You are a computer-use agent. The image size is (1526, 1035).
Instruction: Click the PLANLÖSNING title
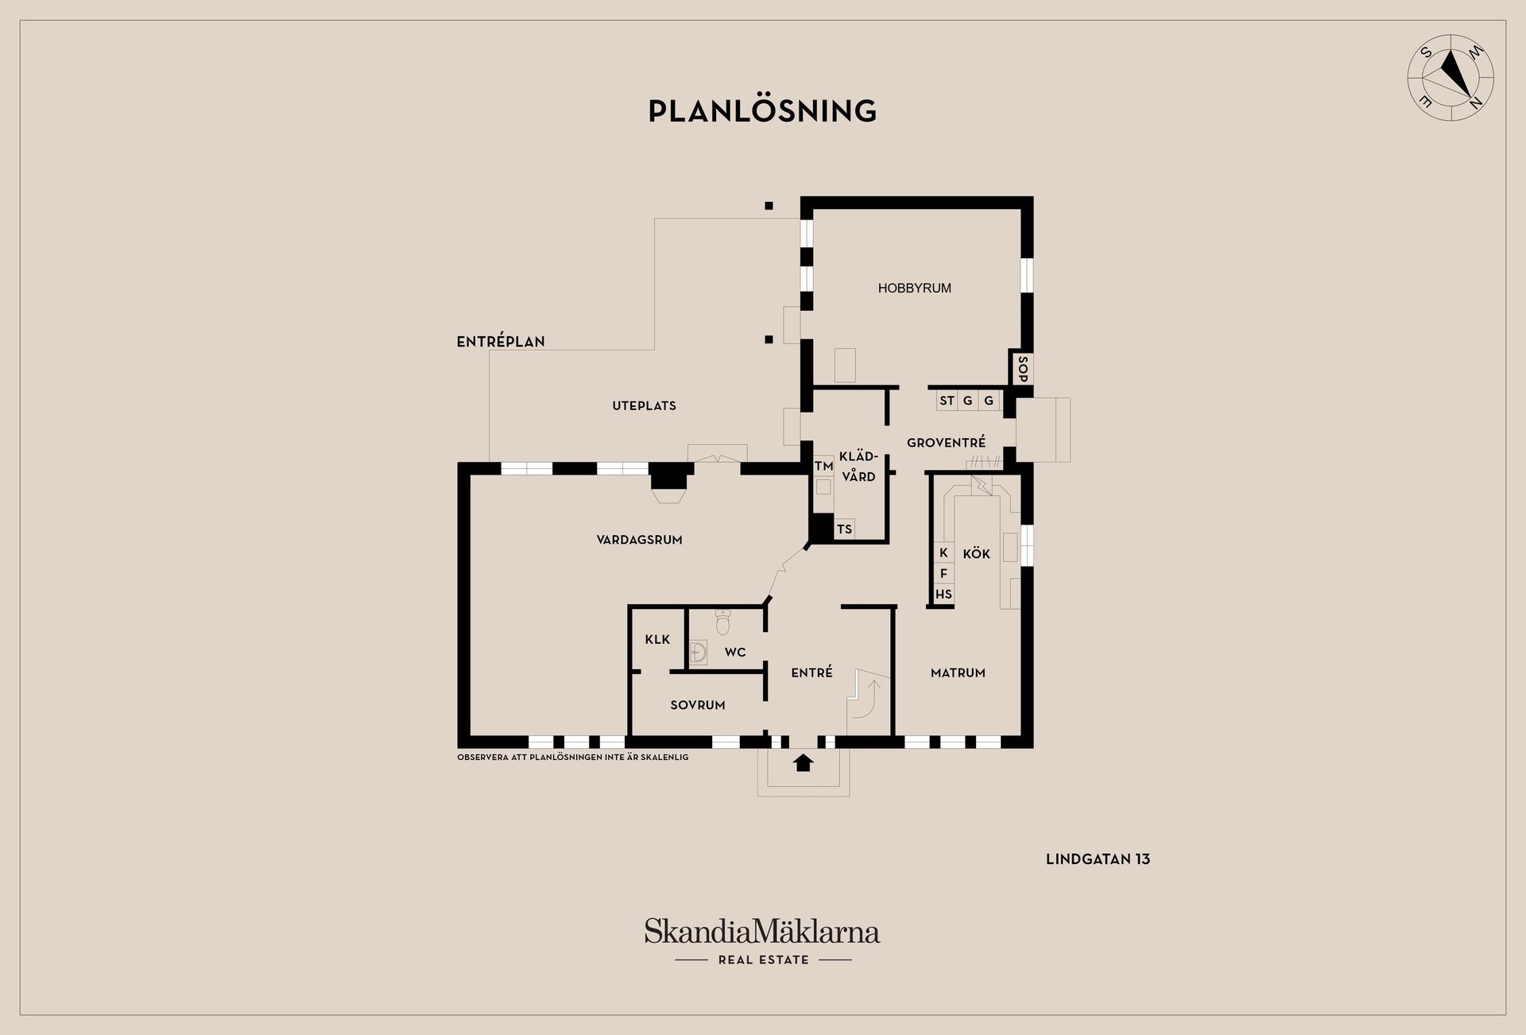pyautogui.click(x=762, y=110)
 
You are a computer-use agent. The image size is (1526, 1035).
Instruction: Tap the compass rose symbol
pyautogui.click(x=1450, y=78)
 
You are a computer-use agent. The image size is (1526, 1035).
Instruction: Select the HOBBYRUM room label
pyautogui.click(x=914, y=289)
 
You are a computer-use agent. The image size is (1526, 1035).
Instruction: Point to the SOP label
pyautogui.click(x=1023, y=368)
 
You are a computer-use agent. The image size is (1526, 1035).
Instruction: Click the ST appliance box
pyautogui.click(x=947, y=401)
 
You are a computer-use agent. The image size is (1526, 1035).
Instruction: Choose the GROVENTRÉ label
pyautogui.click(x=946, y=442)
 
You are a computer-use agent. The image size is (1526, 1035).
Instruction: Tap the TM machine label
pyautogui.click(x=823, y=467)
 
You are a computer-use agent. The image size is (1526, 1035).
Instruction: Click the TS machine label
pyautogui.click(x=844, y=529)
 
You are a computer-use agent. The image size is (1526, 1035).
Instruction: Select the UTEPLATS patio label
pyautogui.click(x=644, y=405)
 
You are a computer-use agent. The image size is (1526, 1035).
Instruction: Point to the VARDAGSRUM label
pyautogui.click(x=639, y=540)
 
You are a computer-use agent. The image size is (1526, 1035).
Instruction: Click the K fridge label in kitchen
pyautogui.click(x=943, y=552)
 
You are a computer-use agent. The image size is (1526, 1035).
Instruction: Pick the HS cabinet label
pyautogui.click(x=943, y=594)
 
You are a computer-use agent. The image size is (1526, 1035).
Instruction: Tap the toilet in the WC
pyautogui.click(x=722, y=622)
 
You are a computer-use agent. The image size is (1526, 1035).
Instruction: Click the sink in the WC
pyautogui.click(x=698, y=653)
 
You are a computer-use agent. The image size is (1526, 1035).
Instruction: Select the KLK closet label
pyautogui.click(x=657, y=639)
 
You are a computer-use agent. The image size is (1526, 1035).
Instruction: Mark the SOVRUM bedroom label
pyautogui.click(x=697, y=705)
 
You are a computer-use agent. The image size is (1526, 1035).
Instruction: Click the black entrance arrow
pyautogui.click(x=804, y=763)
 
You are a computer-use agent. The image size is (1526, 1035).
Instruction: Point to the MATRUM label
pyautogui.click(x=958, y=673)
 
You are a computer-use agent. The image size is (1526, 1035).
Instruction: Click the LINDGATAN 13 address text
pyautogui.click(x=1098, y=859)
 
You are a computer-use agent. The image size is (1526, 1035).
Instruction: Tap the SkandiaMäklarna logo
pyautogui.click(x=762, y=941)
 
